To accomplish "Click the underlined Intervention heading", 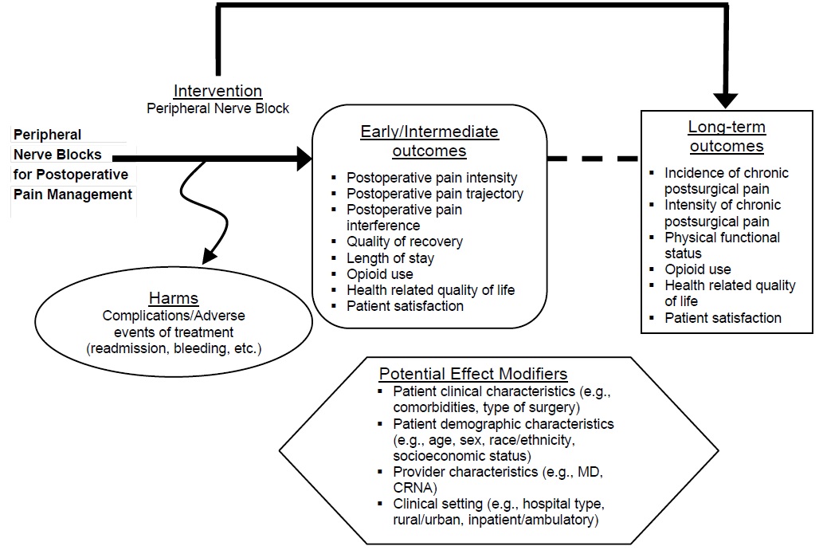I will tap(218, 91).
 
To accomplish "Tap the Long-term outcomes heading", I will tap(726, 136).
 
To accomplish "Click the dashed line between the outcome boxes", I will tap(593, 159).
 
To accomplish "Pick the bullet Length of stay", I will tap(390, 257).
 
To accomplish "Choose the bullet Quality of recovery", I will tap(404, 242).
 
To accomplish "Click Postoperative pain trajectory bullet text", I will tap(434, 194).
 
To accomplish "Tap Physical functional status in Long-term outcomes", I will tap(722, 246).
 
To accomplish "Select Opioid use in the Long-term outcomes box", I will tap(698, 269).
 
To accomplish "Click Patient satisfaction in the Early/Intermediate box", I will tap(405, 305).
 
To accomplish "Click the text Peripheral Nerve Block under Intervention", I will tap(218, 108).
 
